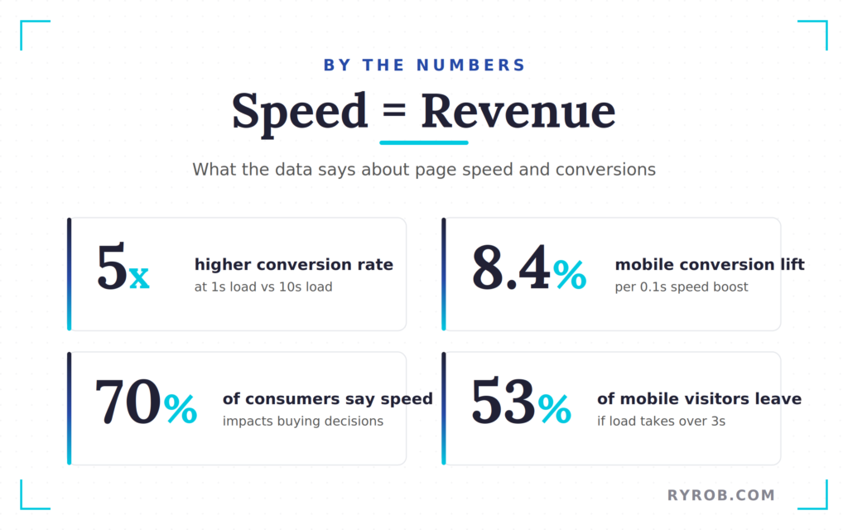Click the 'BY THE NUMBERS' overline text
[424, 65]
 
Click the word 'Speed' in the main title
[299, 111]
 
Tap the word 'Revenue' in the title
[518, 111]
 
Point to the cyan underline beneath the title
[424, 142]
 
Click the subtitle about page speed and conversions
[424, 170]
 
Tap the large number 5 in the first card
[112, 268]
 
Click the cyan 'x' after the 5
[139, 277]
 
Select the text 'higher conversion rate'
[294, 265]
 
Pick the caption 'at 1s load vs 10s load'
[263, 287]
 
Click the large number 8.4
[510, 268]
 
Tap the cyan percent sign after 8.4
[570, 274]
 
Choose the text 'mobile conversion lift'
[710, 265]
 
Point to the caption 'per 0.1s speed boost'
[682, 287]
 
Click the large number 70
[128, 402]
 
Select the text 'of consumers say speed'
[327, 399]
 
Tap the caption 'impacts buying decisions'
[303, 421]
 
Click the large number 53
[503, 402]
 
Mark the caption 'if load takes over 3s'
[661, 421]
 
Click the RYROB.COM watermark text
[721, 495]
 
